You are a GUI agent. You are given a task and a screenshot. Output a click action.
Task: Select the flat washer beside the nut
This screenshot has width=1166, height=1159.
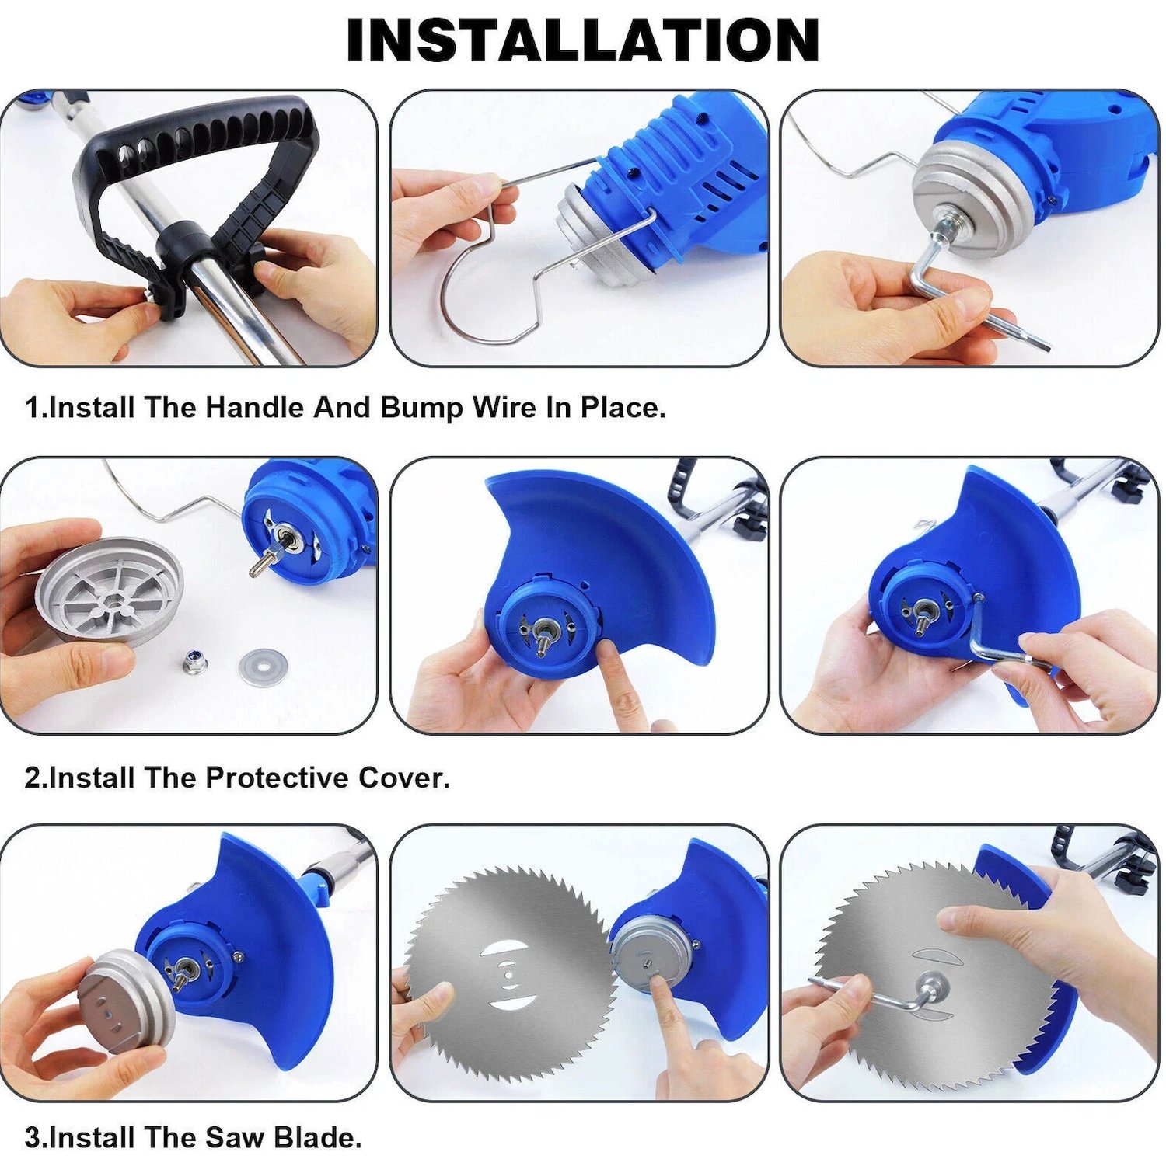[263, 667]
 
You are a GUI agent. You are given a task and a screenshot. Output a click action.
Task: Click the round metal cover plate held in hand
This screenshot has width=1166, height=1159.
[109, 590]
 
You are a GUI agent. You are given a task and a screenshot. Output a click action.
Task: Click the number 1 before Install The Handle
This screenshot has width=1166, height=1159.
[33, 407]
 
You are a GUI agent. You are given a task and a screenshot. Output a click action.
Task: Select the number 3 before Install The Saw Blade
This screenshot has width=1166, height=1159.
[33, 1137]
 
